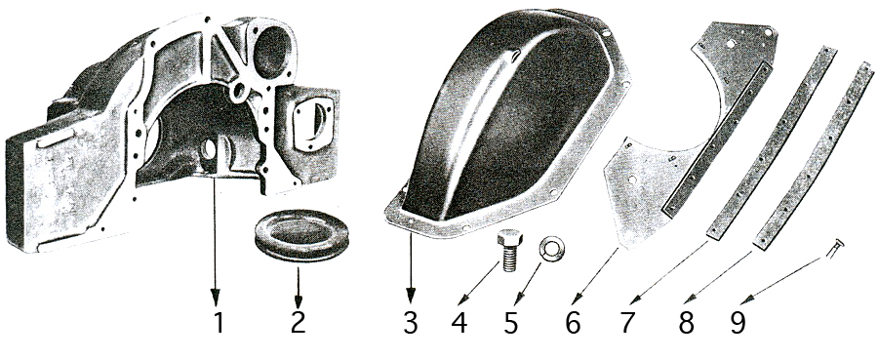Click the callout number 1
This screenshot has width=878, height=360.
point(219,323)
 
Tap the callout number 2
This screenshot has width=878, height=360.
point(299,323)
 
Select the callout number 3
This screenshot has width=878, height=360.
point(411,323)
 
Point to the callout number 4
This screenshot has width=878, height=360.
point(459,323)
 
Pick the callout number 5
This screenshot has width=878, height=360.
point(510,323)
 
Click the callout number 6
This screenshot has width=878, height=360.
point(573,323)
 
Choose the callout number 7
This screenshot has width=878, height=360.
point(628,323)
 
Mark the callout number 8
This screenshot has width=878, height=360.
point(686,323)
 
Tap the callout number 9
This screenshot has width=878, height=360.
point(738,323)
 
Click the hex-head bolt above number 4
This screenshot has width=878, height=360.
point(509,249)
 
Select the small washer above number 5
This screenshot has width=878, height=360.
point(551,249)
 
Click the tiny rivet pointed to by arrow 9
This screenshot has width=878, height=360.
point(835,248)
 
